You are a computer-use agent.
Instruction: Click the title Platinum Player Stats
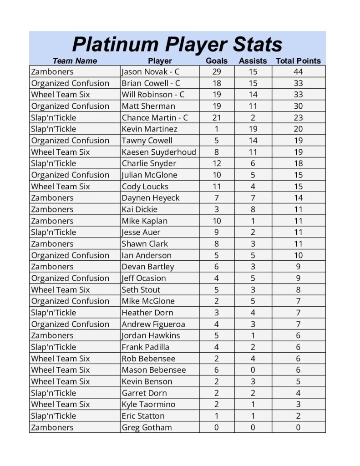tap(177, 45)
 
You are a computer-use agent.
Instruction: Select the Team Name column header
tap(75, 61)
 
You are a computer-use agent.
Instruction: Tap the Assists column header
tap(253, 61)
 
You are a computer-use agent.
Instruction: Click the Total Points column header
tap(298, 61)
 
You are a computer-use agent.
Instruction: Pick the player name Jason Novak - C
tap(153, 72)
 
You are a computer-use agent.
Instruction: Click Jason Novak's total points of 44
tap(298, 72)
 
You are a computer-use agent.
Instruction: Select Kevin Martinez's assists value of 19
tap(253, 129)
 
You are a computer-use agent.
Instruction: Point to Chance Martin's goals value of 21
tap(217, 117)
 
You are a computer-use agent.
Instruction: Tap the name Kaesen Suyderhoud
tap(159, 152)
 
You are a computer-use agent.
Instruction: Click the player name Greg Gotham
tap(147, 427)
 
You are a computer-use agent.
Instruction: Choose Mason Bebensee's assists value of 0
tap(253, 370)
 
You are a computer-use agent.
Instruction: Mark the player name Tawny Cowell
tap(147, 141)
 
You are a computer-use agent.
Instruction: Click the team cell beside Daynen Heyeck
tap(52, 198)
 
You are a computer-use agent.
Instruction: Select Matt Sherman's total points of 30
tap(298, 106)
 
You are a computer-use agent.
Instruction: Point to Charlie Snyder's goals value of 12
tap(217, 163)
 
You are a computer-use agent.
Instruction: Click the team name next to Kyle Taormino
tap(61, 404)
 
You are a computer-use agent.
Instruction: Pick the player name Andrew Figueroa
tap(153, 324)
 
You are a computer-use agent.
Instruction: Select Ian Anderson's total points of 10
tap(298, 255)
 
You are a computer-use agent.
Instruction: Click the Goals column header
tap(217, 61)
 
